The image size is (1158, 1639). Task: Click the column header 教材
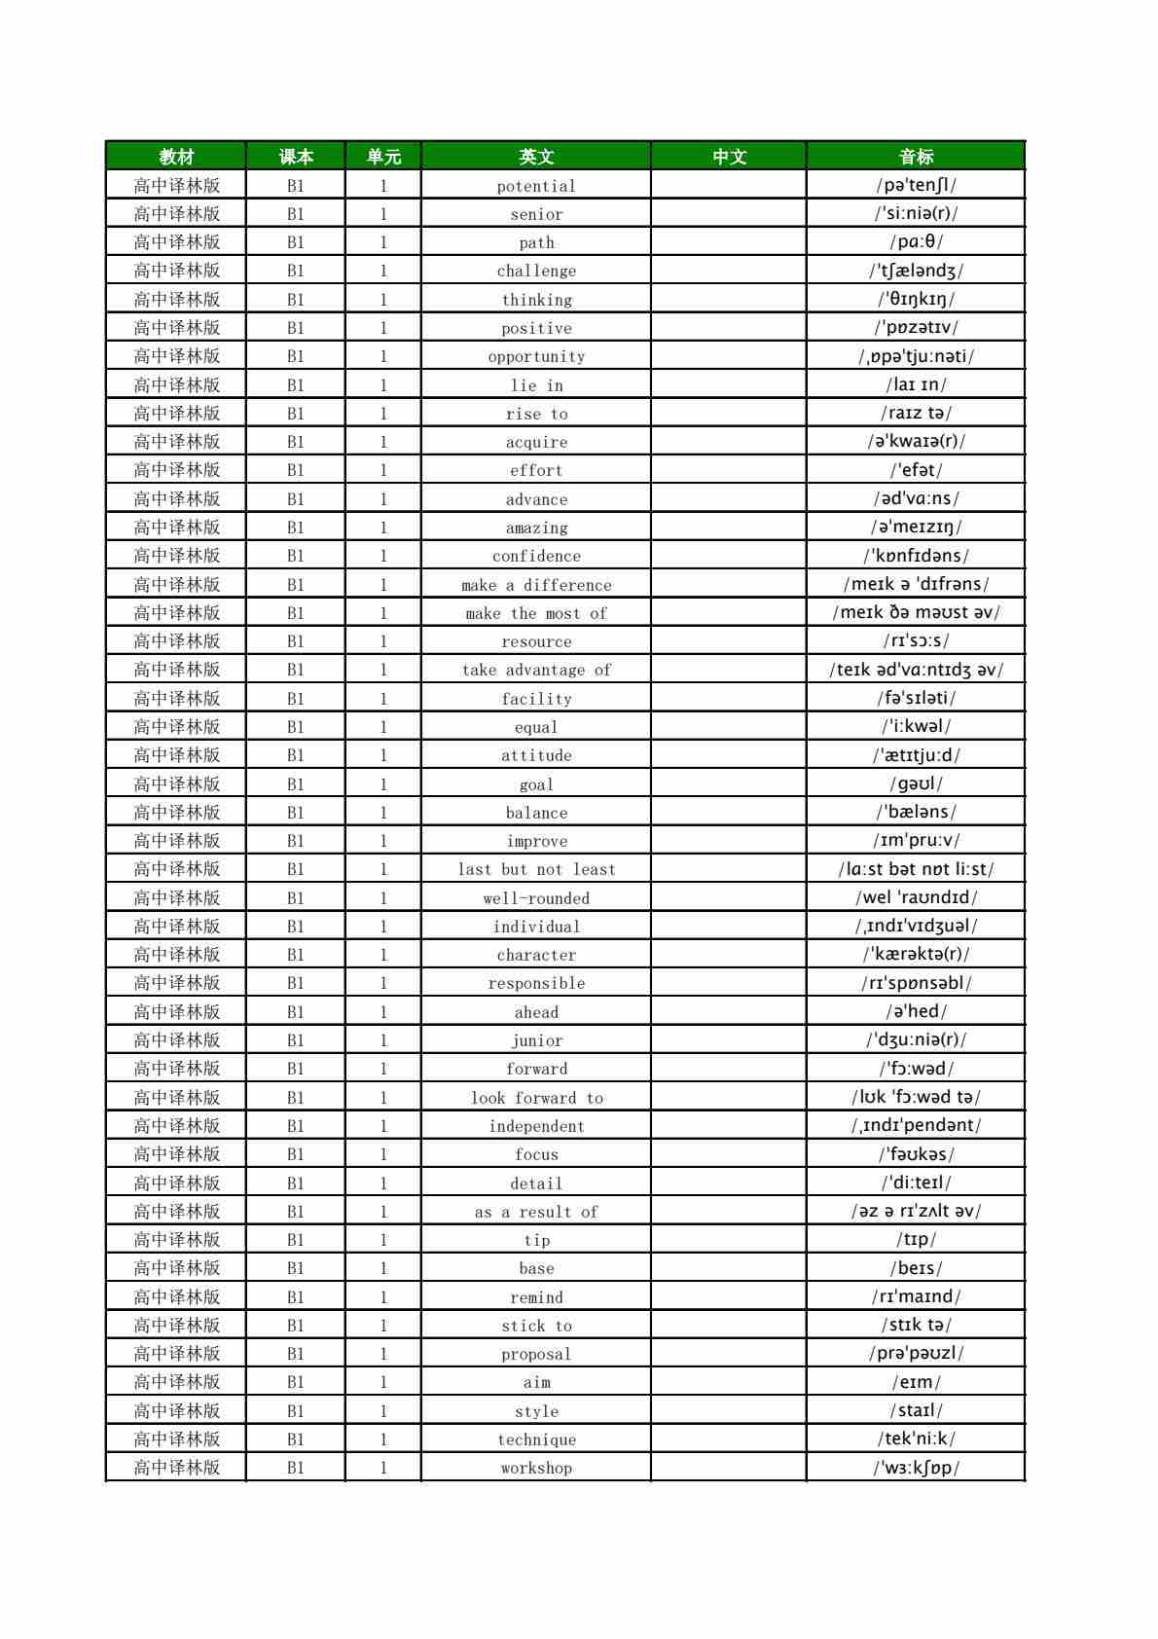tap(176, 157)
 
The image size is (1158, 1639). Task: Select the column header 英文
tap(536, 157)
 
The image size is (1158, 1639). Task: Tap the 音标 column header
tap(916, 157)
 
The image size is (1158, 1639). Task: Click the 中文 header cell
tap(729, 157)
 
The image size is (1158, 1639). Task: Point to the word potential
tap(536, 186)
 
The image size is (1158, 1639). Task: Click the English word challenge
tap(536, 272)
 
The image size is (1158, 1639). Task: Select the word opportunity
tap(536, 357)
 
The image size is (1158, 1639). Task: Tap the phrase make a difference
tap(536, 585)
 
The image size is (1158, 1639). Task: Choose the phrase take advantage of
tap(536, 670)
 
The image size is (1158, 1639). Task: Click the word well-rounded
tap(536, 898)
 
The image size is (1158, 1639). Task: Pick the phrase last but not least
tap(536, 869)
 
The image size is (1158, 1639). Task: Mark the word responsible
tap(536, 983)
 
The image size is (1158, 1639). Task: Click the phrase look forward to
tap(536, 1098)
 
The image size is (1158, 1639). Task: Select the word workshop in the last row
tap(536, 1468)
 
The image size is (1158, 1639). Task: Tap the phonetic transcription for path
tap(916, 242)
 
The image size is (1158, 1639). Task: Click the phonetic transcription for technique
tap(916, 1439)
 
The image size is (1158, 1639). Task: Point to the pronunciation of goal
tap(916, 783)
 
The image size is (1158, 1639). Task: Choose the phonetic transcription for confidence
tap(916, 556)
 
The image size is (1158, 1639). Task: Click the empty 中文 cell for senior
tap(729, 214)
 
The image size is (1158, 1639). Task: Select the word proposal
tap(536, 1354)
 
